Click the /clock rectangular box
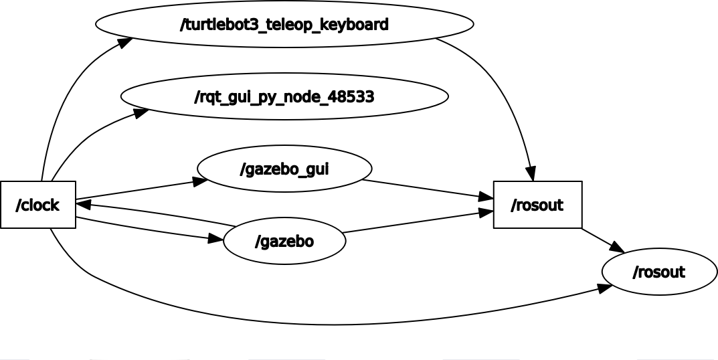pyautogui.click(x=38, y=205)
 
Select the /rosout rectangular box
pyautogui.click(x=537, y=205)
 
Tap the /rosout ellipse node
pyautogui.click(x=659, y=272)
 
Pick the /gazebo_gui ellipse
pyautogui.click(x=284, y=169)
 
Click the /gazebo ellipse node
pyautogui.click(x=284, y=241)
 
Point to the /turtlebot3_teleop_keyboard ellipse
pyautogui.click(x=284, y=25)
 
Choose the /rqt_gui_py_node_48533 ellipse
pyautogui.click(x=284, y=97)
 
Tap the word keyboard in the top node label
pyautogui.click(x=355, y=25)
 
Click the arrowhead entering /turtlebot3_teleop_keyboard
pyautogui.click(x=125, y=42)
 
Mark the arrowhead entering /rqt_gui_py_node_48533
pyautogui.click(x=141, y=112)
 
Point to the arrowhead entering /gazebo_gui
pyautogui.click(x=200, y=181)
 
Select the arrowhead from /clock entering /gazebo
pyautogui.click(x=215, y=239)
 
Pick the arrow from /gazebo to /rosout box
pyautogui.click(x=415, y=222)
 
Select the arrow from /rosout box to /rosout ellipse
pyautogui.click(x=602, y=240)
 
